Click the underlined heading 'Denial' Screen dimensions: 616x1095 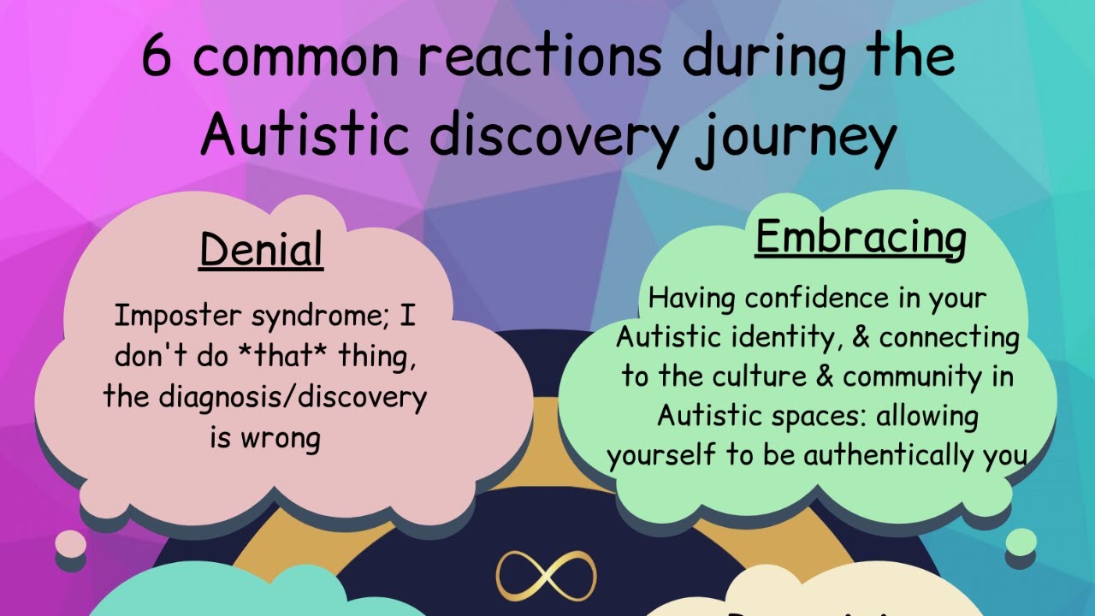(x=261, y=250)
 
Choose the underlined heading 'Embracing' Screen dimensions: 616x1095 (x=861, y=237)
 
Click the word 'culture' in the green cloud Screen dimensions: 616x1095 (x=756, y=376)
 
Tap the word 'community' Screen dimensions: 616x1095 (x=910, y=376)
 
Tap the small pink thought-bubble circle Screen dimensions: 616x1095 (x=71, y=542)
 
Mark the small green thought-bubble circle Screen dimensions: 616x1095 (x=1021, y=541)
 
